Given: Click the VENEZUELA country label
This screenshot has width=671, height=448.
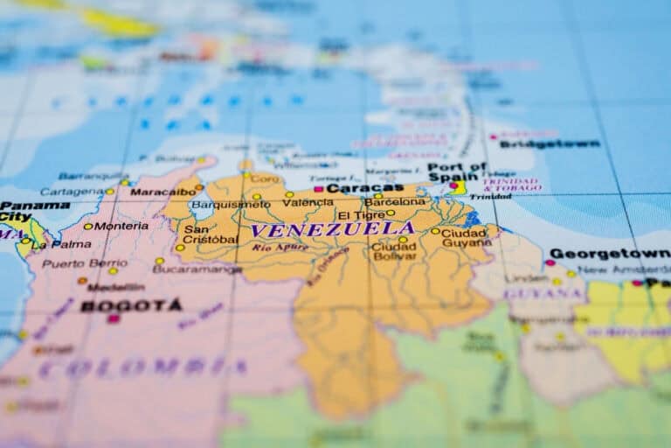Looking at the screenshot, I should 332,229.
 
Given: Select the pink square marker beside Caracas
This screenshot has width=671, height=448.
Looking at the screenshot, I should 319,188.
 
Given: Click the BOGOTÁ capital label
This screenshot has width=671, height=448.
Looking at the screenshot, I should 131,305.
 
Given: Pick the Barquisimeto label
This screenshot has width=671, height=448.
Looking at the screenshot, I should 231,204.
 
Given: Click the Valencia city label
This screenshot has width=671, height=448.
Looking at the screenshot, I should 308,203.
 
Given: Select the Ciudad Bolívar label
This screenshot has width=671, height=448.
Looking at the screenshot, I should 394,252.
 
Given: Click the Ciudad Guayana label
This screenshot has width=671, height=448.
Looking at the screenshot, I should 466,238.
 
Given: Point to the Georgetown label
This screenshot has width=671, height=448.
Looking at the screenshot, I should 609,254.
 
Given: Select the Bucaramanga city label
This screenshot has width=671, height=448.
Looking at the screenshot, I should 197,269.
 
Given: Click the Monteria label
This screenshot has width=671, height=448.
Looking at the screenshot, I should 121,226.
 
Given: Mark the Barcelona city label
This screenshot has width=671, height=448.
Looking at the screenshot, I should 395,201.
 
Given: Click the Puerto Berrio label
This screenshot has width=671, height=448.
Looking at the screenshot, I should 84,263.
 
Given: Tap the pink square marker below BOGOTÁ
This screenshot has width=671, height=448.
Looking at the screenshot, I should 113,319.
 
